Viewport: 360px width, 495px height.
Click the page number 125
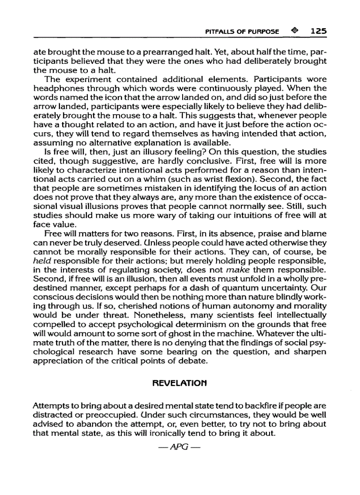coord(318,32)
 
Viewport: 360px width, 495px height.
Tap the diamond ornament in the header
coord(294,32)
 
